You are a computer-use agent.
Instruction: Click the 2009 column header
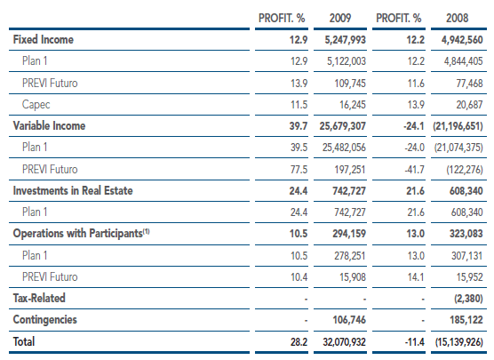point(340,19)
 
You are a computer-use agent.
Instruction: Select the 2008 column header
point(458,19)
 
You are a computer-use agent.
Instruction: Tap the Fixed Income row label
point(44,39)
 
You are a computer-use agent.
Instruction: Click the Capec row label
point(36,104)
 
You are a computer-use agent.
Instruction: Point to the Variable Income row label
point(49,126)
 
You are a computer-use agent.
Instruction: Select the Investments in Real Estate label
point(73,191)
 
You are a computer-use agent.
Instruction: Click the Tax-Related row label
point(39,298)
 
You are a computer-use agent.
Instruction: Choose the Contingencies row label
point(44,320)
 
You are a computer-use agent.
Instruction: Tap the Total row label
point(24,341)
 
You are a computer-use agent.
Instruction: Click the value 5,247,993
point(346,40)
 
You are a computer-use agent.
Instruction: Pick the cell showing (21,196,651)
point(458,126)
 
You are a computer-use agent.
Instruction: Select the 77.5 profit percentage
point(299,170)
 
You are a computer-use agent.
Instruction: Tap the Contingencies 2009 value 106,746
point(349,320)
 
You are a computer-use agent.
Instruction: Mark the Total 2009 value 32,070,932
point(345,342)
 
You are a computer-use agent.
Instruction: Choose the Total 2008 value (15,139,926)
point(459,342)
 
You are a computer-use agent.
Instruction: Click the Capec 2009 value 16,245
point(353,105)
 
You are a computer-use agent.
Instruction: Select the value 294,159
point(349,234)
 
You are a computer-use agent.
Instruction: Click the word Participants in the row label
point(116,234)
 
